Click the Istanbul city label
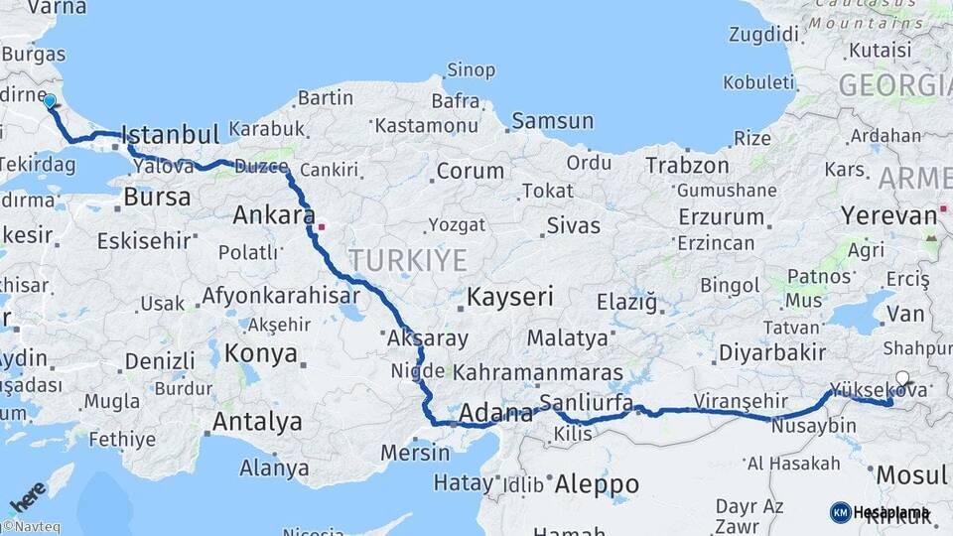[x=170, y=135]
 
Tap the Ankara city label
[x=273, y=214]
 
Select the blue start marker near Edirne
[x=50, y=100]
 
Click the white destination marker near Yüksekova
[x=902, y=377]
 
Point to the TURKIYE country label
[x=407, y=261]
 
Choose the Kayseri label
[x=509, y=297]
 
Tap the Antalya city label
[x=257, y=422]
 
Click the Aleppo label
[x=596, y=484]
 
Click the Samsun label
[x=554, y=122]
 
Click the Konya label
[x=261, y=352]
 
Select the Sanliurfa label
[x=586, y=402]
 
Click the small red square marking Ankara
[x=321, y=226]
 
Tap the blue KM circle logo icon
[x=840, y=512]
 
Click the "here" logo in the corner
[x=28, y=496]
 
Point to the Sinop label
[x=471, y=70]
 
